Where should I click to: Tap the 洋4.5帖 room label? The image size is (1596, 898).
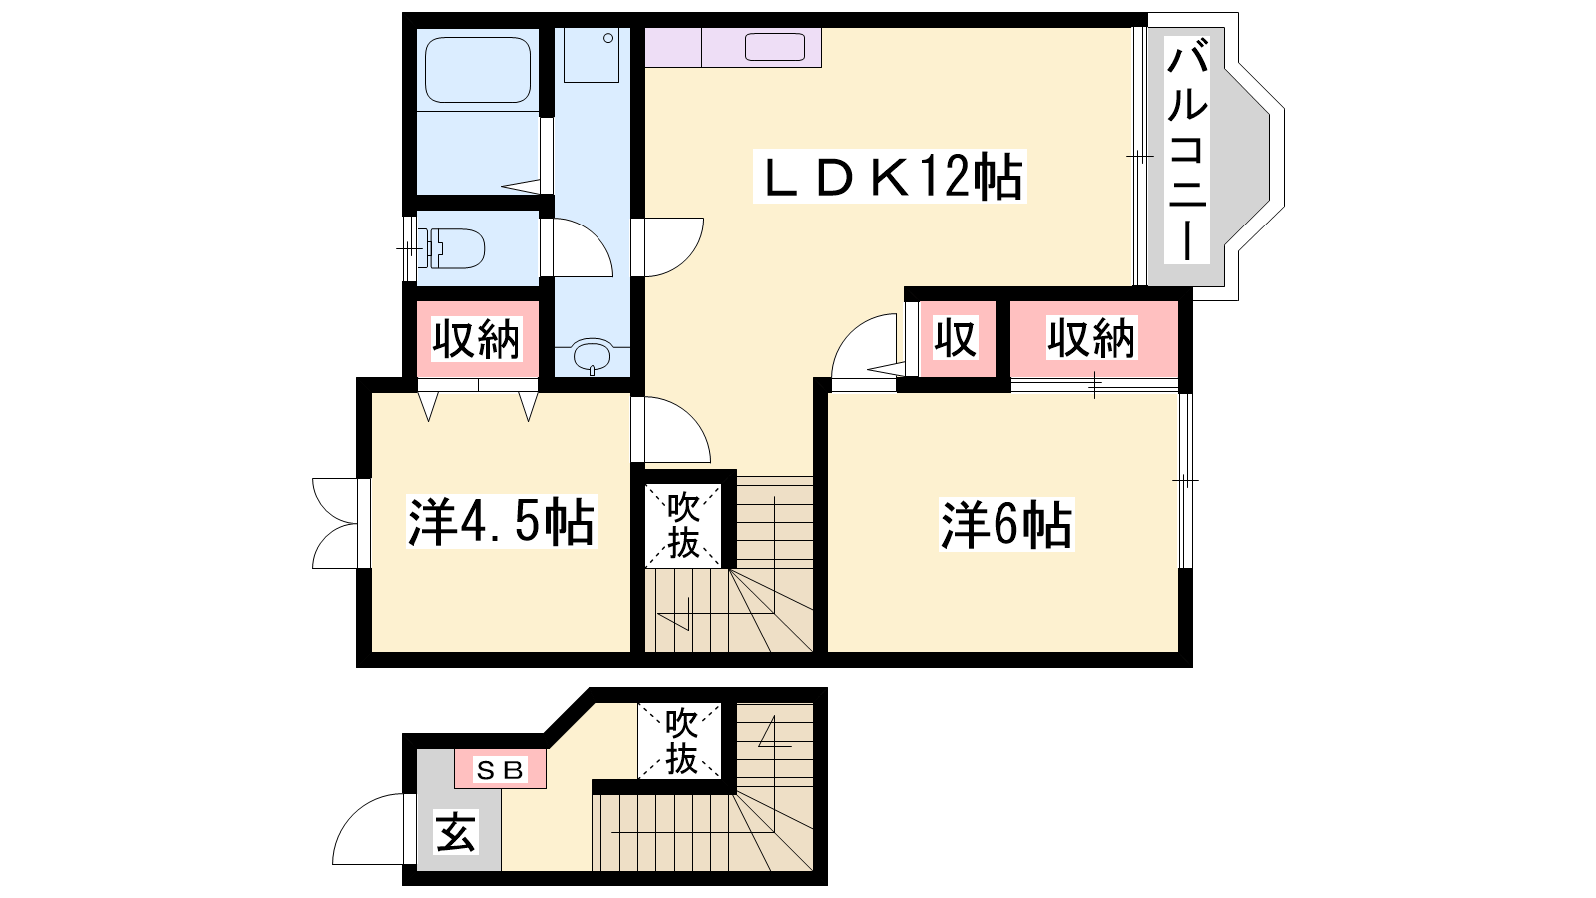tap(501, 523)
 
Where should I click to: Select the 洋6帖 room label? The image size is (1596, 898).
tap(1006, 525)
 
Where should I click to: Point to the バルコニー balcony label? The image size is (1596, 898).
tap(1187, 151)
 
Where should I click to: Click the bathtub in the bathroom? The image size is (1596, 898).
tap(478, 70)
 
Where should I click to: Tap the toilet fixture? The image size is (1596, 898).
tap(451, 248)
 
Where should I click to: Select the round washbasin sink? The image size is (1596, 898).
tap(593, 354)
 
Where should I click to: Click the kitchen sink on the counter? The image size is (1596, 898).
tap(774, 47)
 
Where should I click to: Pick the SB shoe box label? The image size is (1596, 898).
tap(500, 769)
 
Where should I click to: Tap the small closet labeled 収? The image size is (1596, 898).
tap(957, 338)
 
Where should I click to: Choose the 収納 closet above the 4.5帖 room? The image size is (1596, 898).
tap(477, 339)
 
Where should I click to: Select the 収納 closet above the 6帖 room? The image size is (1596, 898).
tap(1093, 339)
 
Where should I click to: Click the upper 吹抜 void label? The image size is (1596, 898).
tap(682, 525)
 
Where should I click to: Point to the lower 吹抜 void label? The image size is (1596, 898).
tap(680, 742)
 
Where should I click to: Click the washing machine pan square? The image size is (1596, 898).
tap(592, 55)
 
